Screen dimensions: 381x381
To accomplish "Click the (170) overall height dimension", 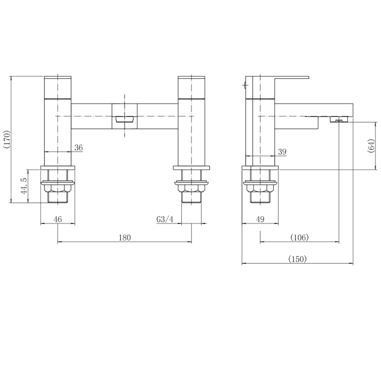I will point(7,140).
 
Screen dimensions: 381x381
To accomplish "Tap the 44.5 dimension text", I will point(23,186).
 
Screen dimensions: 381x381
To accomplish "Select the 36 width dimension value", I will point(79,147).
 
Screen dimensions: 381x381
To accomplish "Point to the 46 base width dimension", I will point(57,219).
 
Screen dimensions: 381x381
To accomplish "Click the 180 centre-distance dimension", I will point(125,237).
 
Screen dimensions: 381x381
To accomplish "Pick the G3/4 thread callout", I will point(165,219).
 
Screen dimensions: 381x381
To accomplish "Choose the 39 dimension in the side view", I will point(282,152).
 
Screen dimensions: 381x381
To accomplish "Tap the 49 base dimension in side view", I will point(260,219).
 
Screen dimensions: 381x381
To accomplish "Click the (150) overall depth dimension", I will point(298,259).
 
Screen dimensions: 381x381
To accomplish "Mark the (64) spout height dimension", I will point(371,146).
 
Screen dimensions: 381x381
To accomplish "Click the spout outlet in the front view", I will point(124,119).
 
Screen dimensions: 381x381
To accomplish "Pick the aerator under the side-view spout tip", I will point(338,120).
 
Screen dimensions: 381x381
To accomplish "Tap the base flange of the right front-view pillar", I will point(191,167).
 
